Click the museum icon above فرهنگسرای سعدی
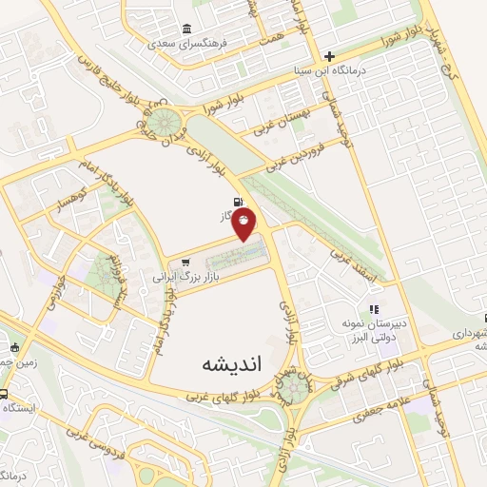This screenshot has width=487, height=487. (x=185, y=28)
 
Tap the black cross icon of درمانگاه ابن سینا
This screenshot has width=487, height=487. (x=330, y=56)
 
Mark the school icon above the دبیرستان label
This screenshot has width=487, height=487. (x=376, y=309)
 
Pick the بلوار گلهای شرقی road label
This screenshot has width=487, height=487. (x=380, y=362)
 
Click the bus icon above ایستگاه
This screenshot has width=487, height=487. (x=5, y=394)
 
